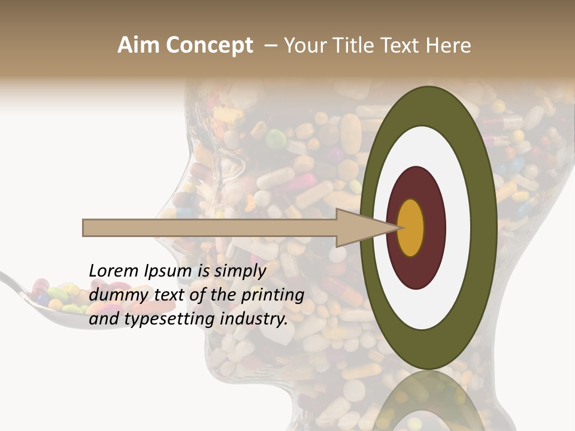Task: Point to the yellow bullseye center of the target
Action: point(411,227)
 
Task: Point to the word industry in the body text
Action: point(253,319)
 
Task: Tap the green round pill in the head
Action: point(276,139)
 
